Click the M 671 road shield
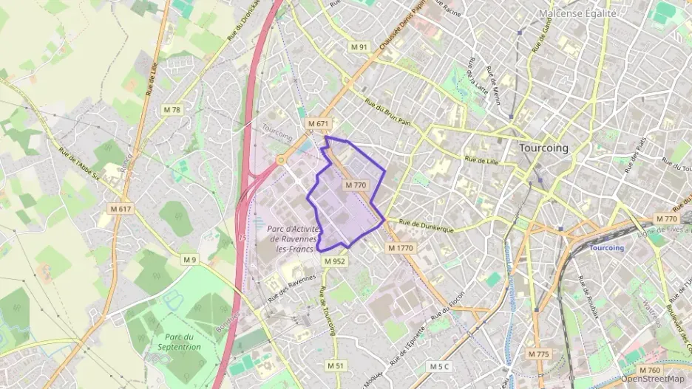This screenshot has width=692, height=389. [x=318, y=123]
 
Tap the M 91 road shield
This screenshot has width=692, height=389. [x=359, y=47]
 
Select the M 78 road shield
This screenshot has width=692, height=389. [x=172, y=110]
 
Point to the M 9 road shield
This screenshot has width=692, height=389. [x=190, y=259]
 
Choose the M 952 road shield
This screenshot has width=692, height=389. [x=334, y=261]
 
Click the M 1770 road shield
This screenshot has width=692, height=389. [x=400, y=249]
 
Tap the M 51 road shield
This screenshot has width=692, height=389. [x=336, y=365]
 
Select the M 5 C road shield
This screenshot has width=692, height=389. [x=439, y=367]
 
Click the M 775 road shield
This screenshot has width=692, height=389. [x=538, y=354]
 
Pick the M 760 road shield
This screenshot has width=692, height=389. [x=649, y=370]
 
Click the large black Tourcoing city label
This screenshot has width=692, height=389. [x=544, y=148]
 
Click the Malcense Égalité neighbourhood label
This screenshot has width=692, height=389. [x=577, y=13]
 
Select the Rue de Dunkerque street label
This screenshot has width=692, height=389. [x=426, y=225]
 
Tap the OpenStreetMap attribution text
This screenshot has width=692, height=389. [x=652, y=379]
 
